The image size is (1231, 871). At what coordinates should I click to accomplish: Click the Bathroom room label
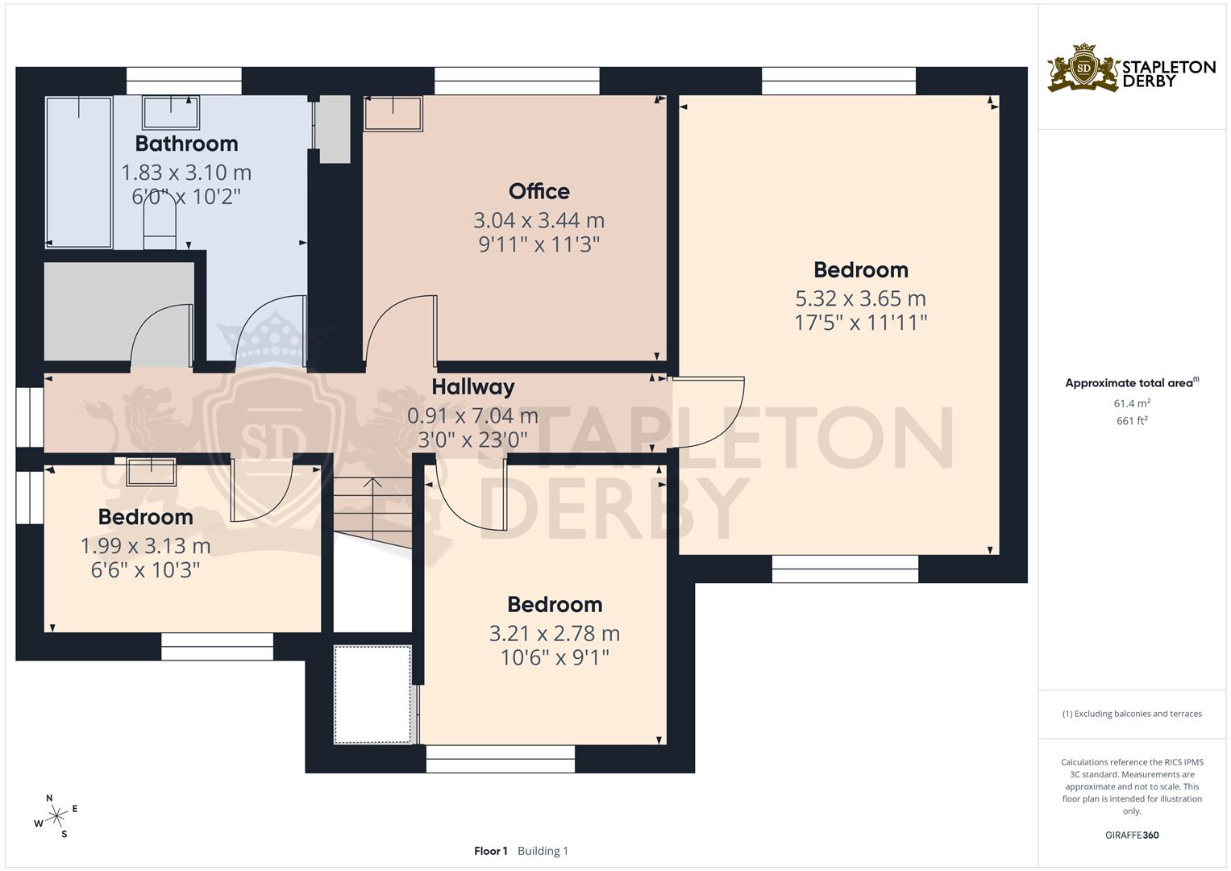pyautogui.click(x=186, y=144)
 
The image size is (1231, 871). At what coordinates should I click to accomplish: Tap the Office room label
pyautogui.click(x=539, y=191)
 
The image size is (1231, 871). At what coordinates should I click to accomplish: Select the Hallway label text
pyautogui.click(x=472, y=387)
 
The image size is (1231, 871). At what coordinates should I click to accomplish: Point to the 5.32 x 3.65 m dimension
pyautogui.click(x=860, y=298)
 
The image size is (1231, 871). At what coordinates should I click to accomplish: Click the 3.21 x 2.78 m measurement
pyautogui.click(x=554, y=634)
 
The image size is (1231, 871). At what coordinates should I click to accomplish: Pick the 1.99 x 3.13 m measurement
pyautogui.click(x=145, y=546)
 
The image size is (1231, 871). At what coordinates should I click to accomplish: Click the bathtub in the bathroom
pyautogui.click(x=79, y=172)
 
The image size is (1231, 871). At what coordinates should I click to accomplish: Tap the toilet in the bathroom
pyautogui.click(x=160, y=222)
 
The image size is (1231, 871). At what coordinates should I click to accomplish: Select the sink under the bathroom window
pyautogui.click(x=171, y=112)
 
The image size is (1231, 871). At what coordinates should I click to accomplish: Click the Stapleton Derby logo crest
pyautogui.click(x=1083, y=68)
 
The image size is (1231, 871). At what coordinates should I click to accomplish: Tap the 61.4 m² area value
pyautogui.click(x=1132, y=403)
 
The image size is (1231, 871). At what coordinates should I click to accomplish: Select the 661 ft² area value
pyautogui.click(x=1132, y=421)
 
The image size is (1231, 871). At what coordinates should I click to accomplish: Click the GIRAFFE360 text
pyautogui.click(x=1132, y=836)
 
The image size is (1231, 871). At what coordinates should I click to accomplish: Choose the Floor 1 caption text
pyautogui.click(x=490, y=851)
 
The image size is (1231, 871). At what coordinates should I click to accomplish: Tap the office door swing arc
pyautogui.click(x=399, y=327)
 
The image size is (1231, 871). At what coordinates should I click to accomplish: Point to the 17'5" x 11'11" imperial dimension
pyautogui.click(x=860, y=323)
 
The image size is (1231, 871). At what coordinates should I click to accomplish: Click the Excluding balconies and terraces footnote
pyautogui.click(x=1132, y=714)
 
